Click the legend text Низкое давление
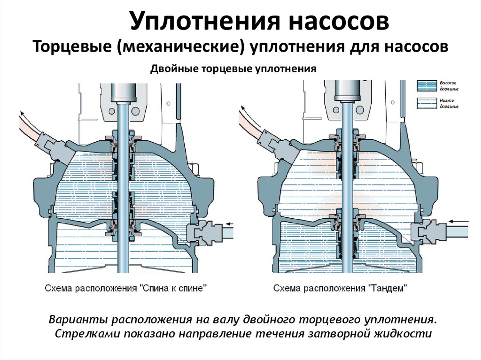449,104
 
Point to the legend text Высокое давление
449,85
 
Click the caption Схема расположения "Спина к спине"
125,288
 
